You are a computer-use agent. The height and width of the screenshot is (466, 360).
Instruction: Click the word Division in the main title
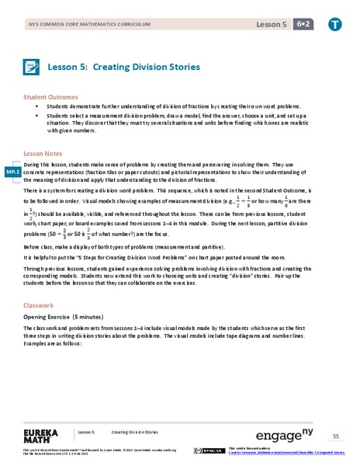point(130,68)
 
